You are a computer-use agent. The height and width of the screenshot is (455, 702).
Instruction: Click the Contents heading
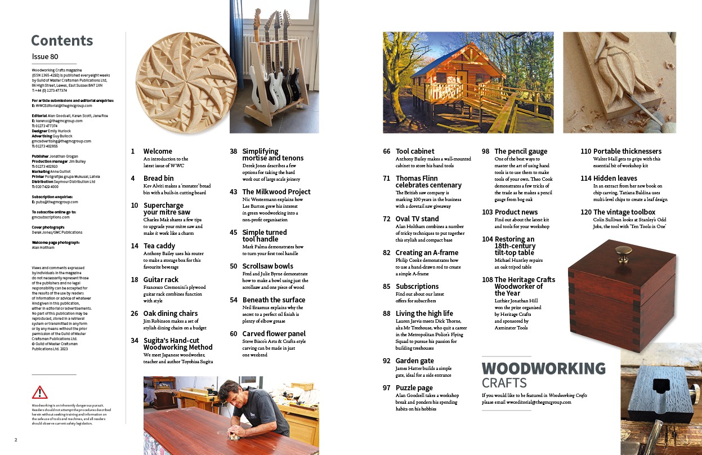[x=62, y=41]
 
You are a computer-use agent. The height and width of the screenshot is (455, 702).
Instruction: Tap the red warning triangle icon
[x=40, y=392]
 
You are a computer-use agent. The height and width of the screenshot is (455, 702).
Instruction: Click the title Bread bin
[x=158, y=179]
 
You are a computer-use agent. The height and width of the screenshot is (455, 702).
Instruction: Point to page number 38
[x=233, y=151]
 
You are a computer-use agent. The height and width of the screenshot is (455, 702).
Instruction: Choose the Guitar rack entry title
[x=160, y=280]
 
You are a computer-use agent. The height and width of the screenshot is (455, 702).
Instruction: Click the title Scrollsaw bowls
[x=267, y=266]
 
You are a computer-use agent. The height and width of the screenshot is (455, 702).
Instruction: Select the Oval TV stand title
[x=417, y=219]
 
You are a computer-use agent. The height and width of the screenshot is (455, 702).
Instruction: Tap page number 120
[x=585, y=212]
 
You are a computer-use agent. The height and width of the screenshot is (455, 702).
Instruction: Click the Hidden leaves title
[x=615, y=179]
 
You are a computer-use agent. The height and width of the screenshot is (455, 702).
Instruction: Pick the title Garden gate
[x=415, y=361]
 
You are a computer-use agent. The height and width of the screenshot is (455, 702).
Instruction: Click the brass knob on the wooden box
[x=623, y=251]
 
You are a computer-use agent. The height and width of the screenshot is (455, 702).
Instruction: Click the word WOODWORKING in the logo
[x=544, y=369]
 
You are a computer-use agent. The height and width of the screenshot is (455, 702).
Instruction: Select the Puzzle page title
[x=414, y=388]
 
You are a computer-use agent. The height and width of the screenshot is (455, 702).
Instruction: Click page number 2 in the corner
[x=16, y=439]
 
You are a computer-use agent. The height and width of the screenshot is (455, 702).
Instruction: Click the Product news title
[x=516, y=212]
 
